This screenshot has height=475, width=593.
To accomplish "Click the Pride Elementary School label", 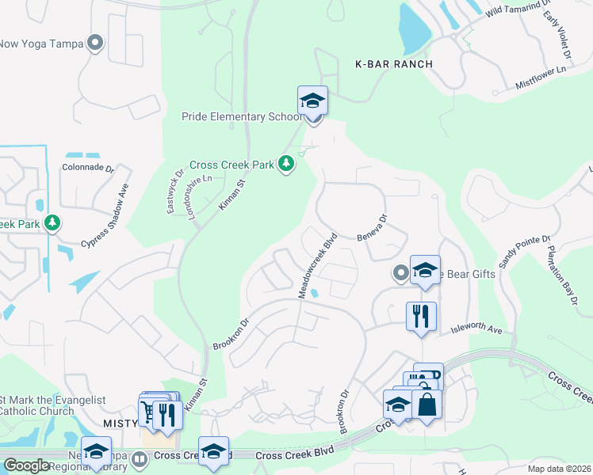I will tap(238, 117).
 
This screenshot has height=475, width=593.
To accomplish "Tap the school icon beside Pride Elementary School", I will tap(312, 101).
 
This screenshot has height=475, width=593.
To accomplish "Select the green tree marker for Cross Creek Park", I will tap(286, 165).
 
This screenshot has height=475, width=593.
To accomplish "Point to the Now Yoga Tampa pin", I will tap(96, 44).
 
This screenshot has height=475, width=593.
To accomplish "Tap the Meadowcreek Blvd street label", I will tap(318, 264).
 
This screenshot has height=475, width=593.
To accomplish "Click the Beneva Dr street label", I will tap(371, 228).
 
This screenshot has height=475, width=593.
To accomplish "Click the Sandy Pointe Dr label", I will tap(523, 251).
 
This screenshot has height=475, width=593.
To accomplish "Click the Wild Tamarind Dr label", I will tap(516, 9).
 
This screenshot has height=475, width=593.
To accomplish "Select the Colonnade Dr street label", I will tap(88, 168).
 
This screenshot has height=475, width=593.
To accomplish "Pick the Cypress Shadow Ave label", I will tap(104, 215).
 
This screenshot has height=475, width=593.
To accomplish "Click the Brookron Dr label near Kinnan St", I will tap(231, 334).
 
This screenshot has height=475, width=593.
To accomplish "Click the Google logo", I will tap(26, 465).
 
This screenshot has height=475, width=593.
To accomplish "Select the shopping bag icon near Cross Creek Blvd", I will tap(427, 404).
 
